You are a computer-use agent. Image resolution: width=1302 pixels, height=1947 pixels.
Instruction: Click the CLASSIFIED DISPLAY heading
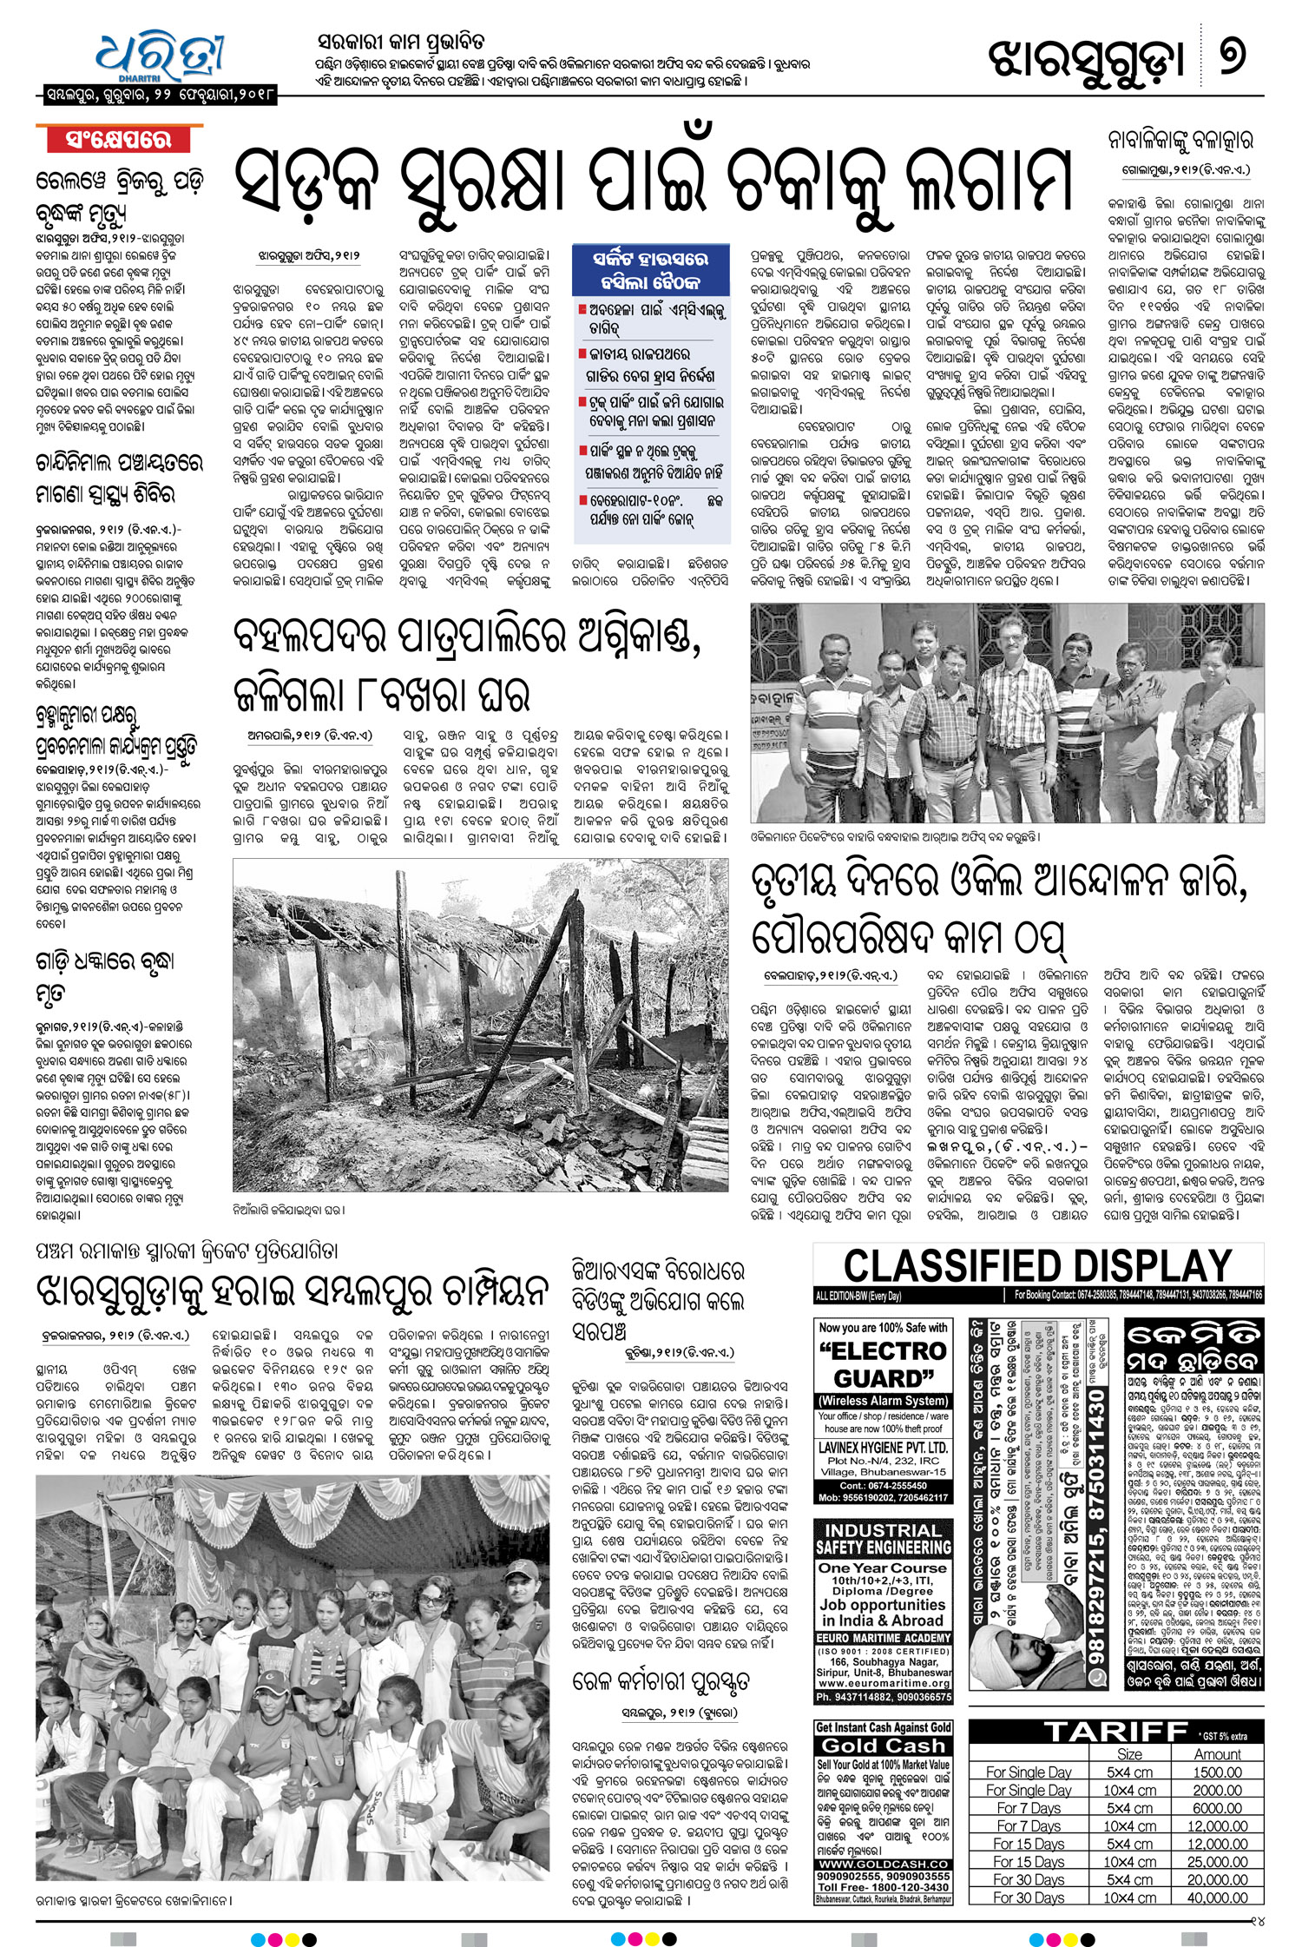click(x=1037, y=1266)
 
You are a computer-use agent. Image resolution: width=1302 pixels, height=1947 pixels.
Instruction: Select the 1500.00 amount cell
click(x=1217, y=1772)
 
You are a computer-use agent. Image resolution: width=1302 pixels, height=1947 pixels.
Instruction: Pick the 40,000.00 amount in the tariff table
click(x=1217, y=1897)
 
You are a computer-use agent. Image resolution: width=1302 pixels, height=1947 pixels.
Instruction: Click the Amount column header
click(x=1217, y=1754)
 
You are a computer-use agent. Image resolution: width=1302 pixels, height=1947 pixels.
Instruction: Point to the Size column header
click(x=1129, y=1754)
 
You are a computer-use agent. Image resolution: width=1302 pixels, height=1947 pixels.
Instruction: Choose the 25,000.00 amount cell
click(x=1217, y=1862)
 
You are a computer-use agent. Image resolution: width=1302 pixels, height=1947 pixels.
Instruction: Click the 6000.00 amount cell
click(x=1217, y=1808)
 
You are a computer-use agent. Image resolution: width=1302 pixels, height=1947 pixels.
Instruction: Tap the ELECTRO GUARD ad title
click(x=883, y=1364)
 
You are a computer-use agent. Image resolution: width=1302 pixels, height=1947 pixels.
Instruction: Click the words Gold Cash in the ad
click(x=883, y=1746)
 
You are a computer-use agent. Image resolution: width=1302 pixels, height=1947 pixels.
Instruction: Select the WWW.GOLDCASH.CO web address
click(x=883, y=1864)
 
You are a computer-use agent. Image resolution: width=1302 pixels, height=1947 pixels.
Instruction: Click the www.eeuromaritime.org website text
click(x=883, y=1683)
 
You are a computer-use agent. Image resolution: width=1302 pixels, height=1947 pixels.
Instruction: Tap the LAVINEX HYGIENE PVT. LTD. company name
click(x=883, y=1448)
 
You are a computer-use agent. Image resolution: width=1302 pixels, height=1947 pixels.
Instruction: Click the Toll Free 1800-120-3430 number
click(x=883, y=1887)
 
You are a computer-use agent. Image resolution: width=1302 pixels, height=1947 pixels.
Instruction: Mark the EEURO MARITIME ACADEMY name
click(x=883, y=1638)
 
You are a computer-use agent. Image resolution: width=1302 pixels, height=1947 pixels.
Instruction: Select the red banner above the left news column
click(x=119, y=139)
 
